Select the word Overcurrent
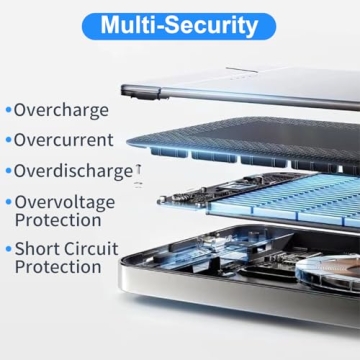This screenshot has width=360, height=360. [x=64, y=140]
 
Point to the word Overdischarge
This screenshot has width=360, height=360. [x=73, y=171]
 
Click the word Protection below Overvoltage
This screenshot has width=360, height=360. [x=58, y=219]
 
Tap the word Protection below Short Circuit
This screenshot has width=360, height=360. [x=58, y=266]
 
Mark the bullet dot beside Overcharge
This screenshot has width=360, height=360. [x=7, y=110]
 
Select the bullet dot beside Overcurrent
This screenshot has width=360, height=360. [x=7, y=140]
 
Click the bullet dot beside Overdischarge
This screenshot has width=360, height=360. [x=7, y=171]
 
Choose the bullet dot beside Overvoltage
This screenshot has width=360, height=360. [x=7, y=201]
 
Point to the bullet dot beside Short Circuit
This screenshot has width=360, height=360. [x=7, y=248]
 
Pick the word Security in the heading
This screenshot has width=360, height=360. [x=210, y=25]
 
